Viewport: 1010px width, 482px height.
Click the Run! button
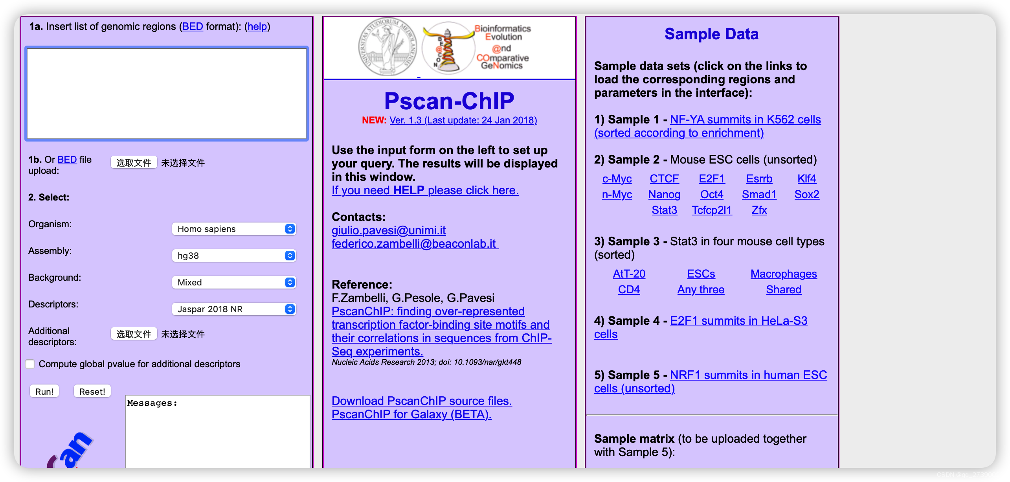[x=44, y=391]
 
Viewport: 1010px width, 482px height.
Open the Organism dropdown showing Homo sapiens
[x=234, y=229]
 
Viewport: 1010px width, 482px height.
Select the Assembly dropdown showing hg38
[x=234, y=256]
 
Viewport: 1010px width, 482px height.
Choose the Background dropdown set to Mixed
[x=234, y=282]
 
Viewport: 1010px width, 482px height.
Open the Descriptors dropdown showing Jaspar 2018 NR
[x=234, y=309]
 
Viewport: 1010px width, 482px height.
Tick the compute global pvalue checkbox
[x=30, y=364]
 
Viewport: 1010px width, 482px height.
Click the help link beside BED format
[x=257, y=26]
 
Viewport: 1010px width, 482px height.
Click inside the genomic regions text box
[x=167, y=94]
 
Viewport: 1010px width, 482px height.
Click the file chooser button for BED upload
[x=134, y=162]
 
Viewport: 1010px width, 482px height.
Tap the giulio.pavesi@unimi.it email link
[x=388, y=230]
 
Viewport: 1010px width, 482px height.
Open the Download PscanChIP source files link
[x=422, y=401]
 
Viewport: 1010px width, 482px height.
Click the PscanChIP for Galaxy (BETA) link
[x=411, y=414]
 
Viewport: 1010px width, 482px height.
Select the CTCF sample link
[x=664, y=179]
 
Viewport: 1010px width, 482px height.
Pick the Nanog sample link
[x=664, y=195]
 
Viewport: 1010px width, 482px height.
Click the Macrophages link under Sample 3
[x=783, y=274]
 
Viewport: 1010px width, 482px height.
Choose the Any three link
[x=701, y=290]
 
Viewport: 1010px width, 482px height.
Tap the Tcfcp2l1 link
[x=712, y=210]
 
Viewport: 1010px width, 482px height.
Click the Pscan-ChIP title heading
[x=449, y=101]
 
